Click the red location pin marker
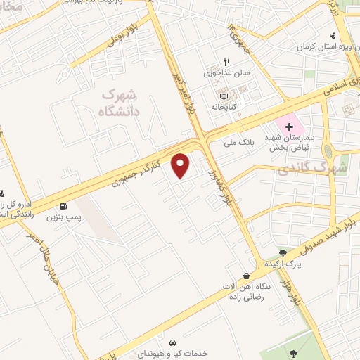(x=182, y=165)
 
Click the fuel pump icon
(x=64, y=207)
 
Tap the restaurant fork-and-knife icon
(x=226, y=62)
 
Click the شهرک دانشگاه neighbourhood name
(x=120, y=103)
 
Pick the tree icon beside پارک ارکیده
(x=283, y=253)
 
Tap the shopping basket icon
(x=245, y=276)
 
